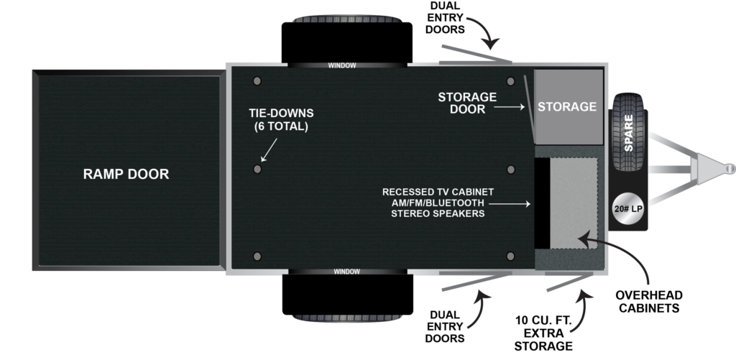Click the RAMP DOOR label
126,174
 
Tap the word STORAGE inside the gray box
568,106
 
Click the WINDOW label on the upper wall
342,65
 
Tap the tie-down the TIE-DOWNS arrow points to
257,168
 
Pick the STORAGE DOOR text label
467,103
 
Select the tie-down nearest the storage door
510,80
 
